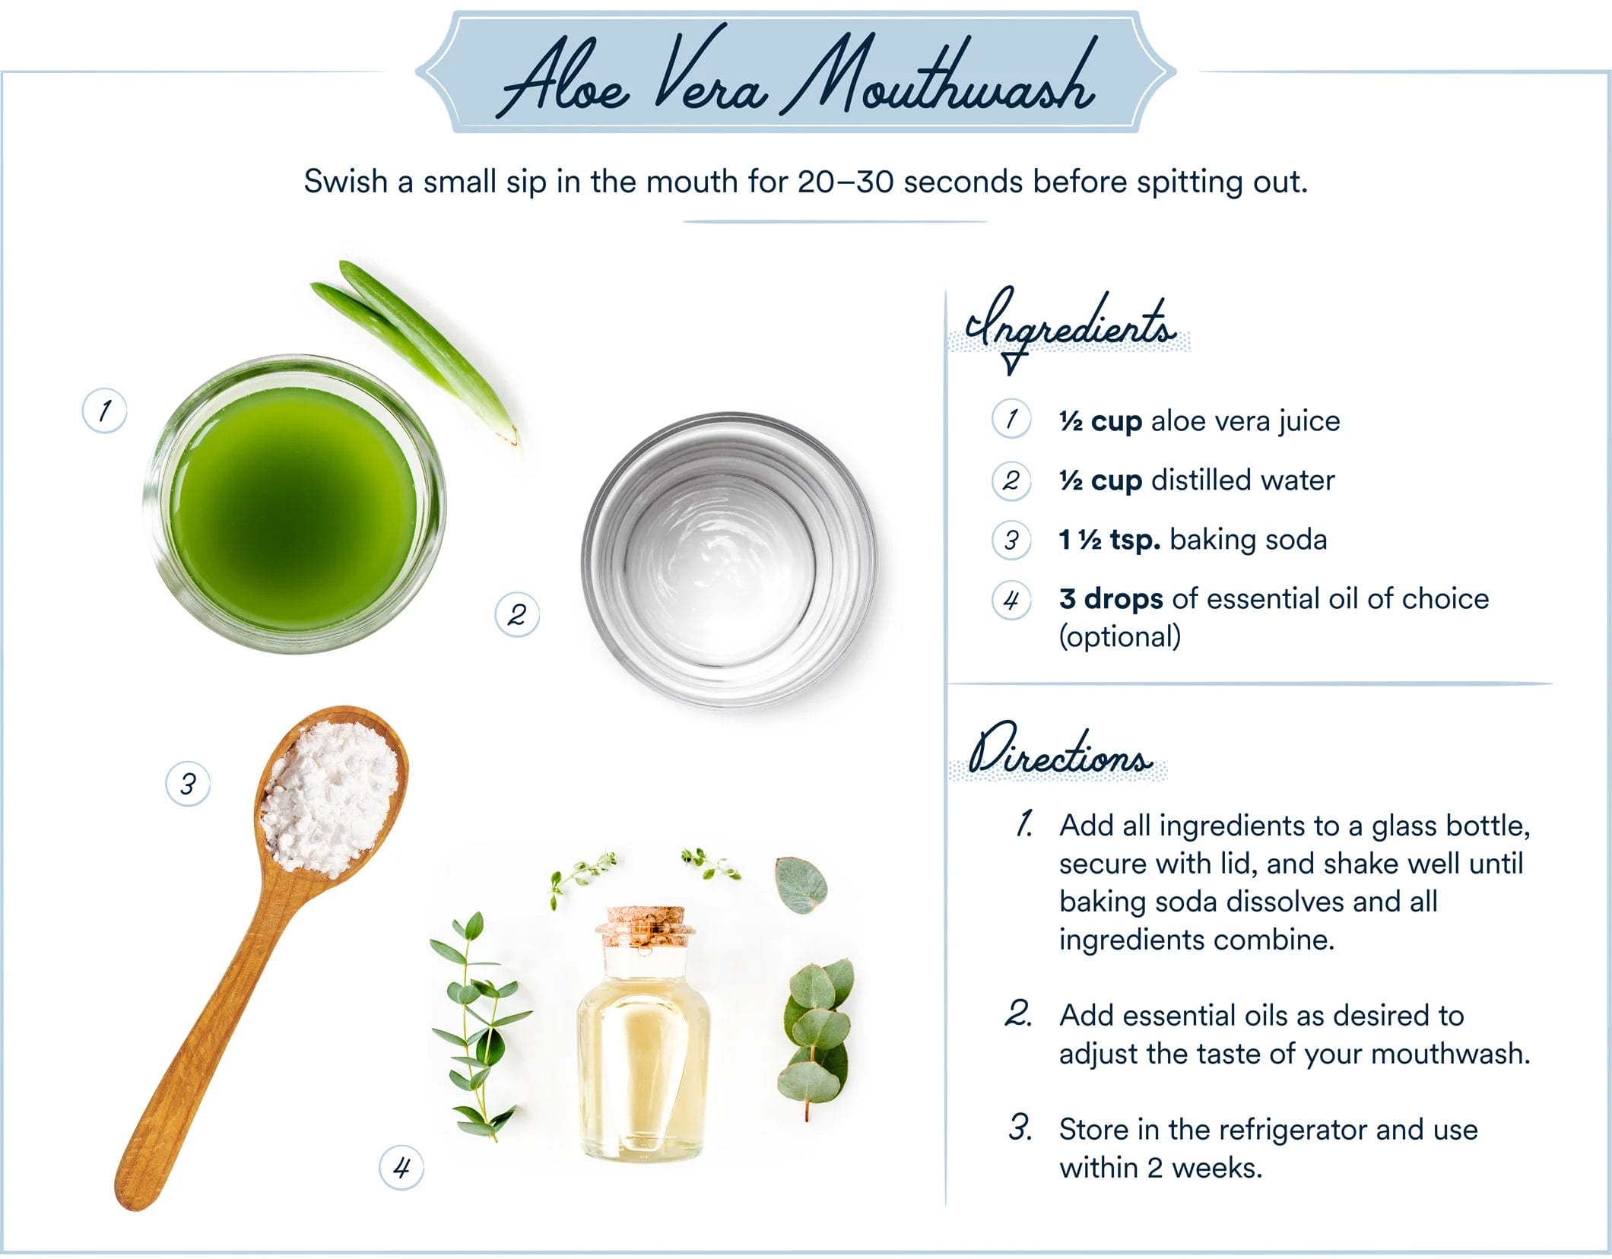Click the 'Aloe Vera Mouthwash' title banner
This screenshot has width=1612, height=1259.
[x=795, y=72]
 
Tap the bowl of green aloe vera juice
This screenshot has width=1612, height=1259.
[x=294, y=504]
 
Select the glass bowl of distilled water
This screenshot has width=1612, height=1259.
[x=729, y=560]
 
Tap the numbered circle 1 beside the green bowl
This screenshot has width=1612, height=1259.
[x=104, y=411]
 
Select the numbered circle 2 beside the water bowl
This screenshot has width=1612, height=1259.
[x=517, y=614]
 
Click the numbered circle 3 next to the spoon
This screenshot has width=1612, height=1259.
[x=188, y=784]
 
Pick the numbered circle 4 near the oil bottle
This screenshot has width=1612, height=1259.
[x=401, y=1167]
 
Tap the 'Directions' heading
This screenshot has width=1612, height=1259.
[x=1058, y=751]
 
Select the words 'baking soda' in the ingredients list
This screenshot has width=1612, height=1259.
[x=1248, y=540]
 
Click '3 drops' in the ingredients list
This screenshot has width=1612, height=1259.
[x=1111, y=599]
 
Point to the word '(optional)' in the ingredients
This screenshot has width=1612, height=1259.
[x=1120, y=637]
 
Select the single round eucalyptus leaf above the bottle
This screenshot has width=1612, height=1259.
[x=801, y=884]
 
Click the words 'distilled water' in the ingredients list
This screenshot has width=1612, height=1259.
[x=1242, y=480]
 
